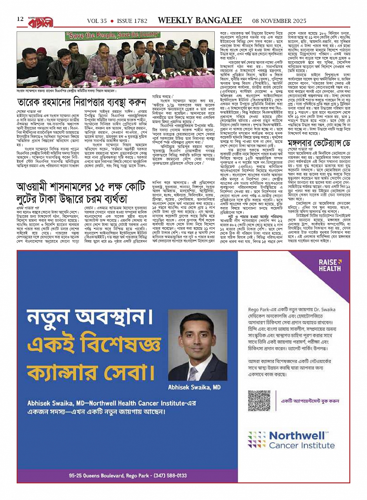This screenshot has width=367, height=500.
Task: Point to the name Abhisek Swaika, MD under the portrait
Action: click(194, 387)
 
